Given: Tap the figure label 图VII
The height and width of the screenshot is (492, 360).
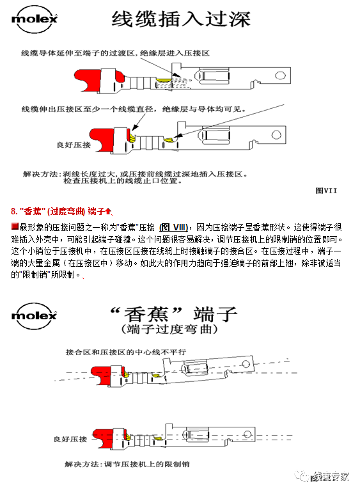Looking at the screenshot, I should [x=326, y=190].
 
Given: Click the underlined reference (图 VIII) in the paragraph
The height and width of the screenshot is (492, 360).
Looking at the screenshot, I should [x=173, y=227].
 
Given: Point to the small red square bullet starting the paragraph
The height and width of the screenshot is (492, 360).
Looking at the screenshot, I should [x=15, y=227].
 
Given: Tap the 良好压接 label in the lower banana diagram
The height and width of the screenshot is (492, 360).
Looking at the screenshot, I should [x=72, y=439].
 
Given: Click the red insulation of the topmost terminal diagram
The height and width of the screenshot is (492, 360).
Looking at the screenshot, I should [x=98, y=80].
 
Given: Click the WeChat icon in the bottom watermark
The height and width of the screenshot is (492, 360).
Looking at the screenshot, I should [x=300, y=477].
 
